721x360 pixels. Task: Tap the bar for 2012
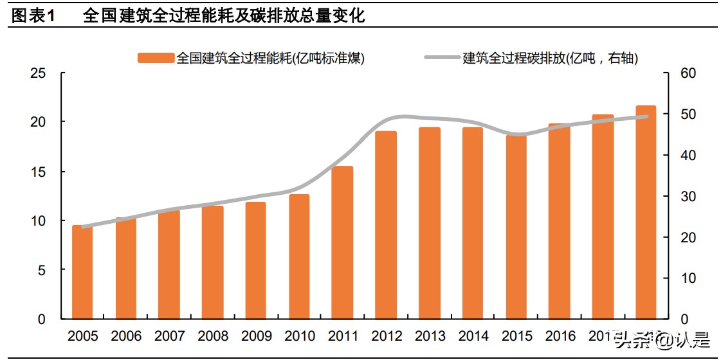pos(386,225)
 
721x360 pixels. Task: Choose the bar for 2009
pos(255,260)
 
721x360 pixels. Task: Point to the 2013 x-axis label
pos(430,336)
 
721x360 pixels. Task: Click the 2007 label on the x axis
pos(169,336)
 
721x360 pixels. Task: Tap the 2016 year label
pos(560,336)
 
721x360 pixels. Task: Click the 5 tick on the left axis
pos(42,270)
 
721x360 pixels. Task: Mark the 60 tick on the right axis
pos(688,73)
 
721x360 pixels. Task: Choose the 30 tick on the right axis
pos(688,197)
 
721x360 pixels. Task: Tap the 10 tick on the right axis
pos(688,278)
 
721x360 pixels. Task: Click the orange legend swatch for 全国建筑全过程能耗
pos(156,58)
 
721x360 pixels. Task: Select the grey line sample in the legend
pos(442,58)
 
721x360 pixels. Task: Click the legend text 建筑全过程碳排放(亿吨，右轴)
pos(551,58)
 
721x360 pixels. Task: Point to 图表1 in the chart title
pos(33,16)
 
